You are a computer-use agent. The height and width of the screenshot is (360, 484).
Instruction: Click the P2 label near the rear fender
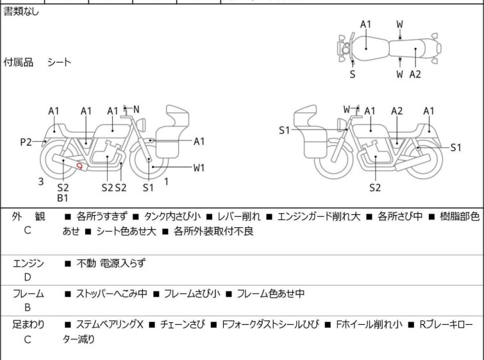(x=26, y=142)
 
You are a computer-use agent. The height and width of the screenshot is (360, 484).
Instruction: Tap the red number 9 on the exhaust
(x=79, y=166)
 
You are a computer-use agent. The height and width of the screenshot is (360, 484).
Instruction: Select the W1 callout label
(x=199, y=168)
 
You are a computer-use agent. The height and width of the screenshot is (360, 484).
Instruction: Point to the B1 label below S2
(x=63, y=198)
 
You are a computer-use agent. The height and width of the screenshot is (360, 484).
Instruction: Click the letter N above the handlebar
(x=136, y=110)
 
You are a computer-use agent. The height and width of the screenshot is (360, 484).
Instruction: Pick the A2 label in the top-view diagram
(x=415, y=74)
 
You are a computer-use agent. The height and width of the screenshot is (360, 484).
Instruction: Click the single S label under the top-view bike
(x=352, y=74)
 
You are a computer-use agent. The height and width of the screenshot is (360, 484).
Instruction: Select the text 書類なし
(x=21, y=12)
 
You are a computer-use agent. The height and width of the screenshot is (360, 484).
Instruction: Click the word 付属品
(x=19, y=62)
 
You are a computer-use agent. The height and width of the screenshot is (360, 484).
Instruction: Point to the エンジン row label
(x=28, y=263)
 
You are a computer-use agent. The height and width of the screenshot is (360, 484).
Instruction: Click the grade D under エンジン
(x=28, y=277)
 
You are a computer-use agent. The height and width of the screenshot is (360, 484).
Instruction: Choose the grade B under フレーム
(x=28, y=308)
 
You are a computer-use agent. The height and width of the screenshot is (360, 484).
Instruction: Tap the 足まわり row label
(x=28, y=325)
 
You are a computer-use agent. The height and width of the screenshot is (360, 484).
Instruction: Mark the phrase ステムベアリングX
(x=110, y=325)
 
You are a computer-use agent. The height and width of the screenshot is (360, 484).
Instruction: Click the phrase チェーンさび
(x=183, y=325)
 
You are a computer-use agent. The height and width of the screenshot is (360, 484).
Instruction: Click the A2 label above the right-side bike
(x=397, y=111)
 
